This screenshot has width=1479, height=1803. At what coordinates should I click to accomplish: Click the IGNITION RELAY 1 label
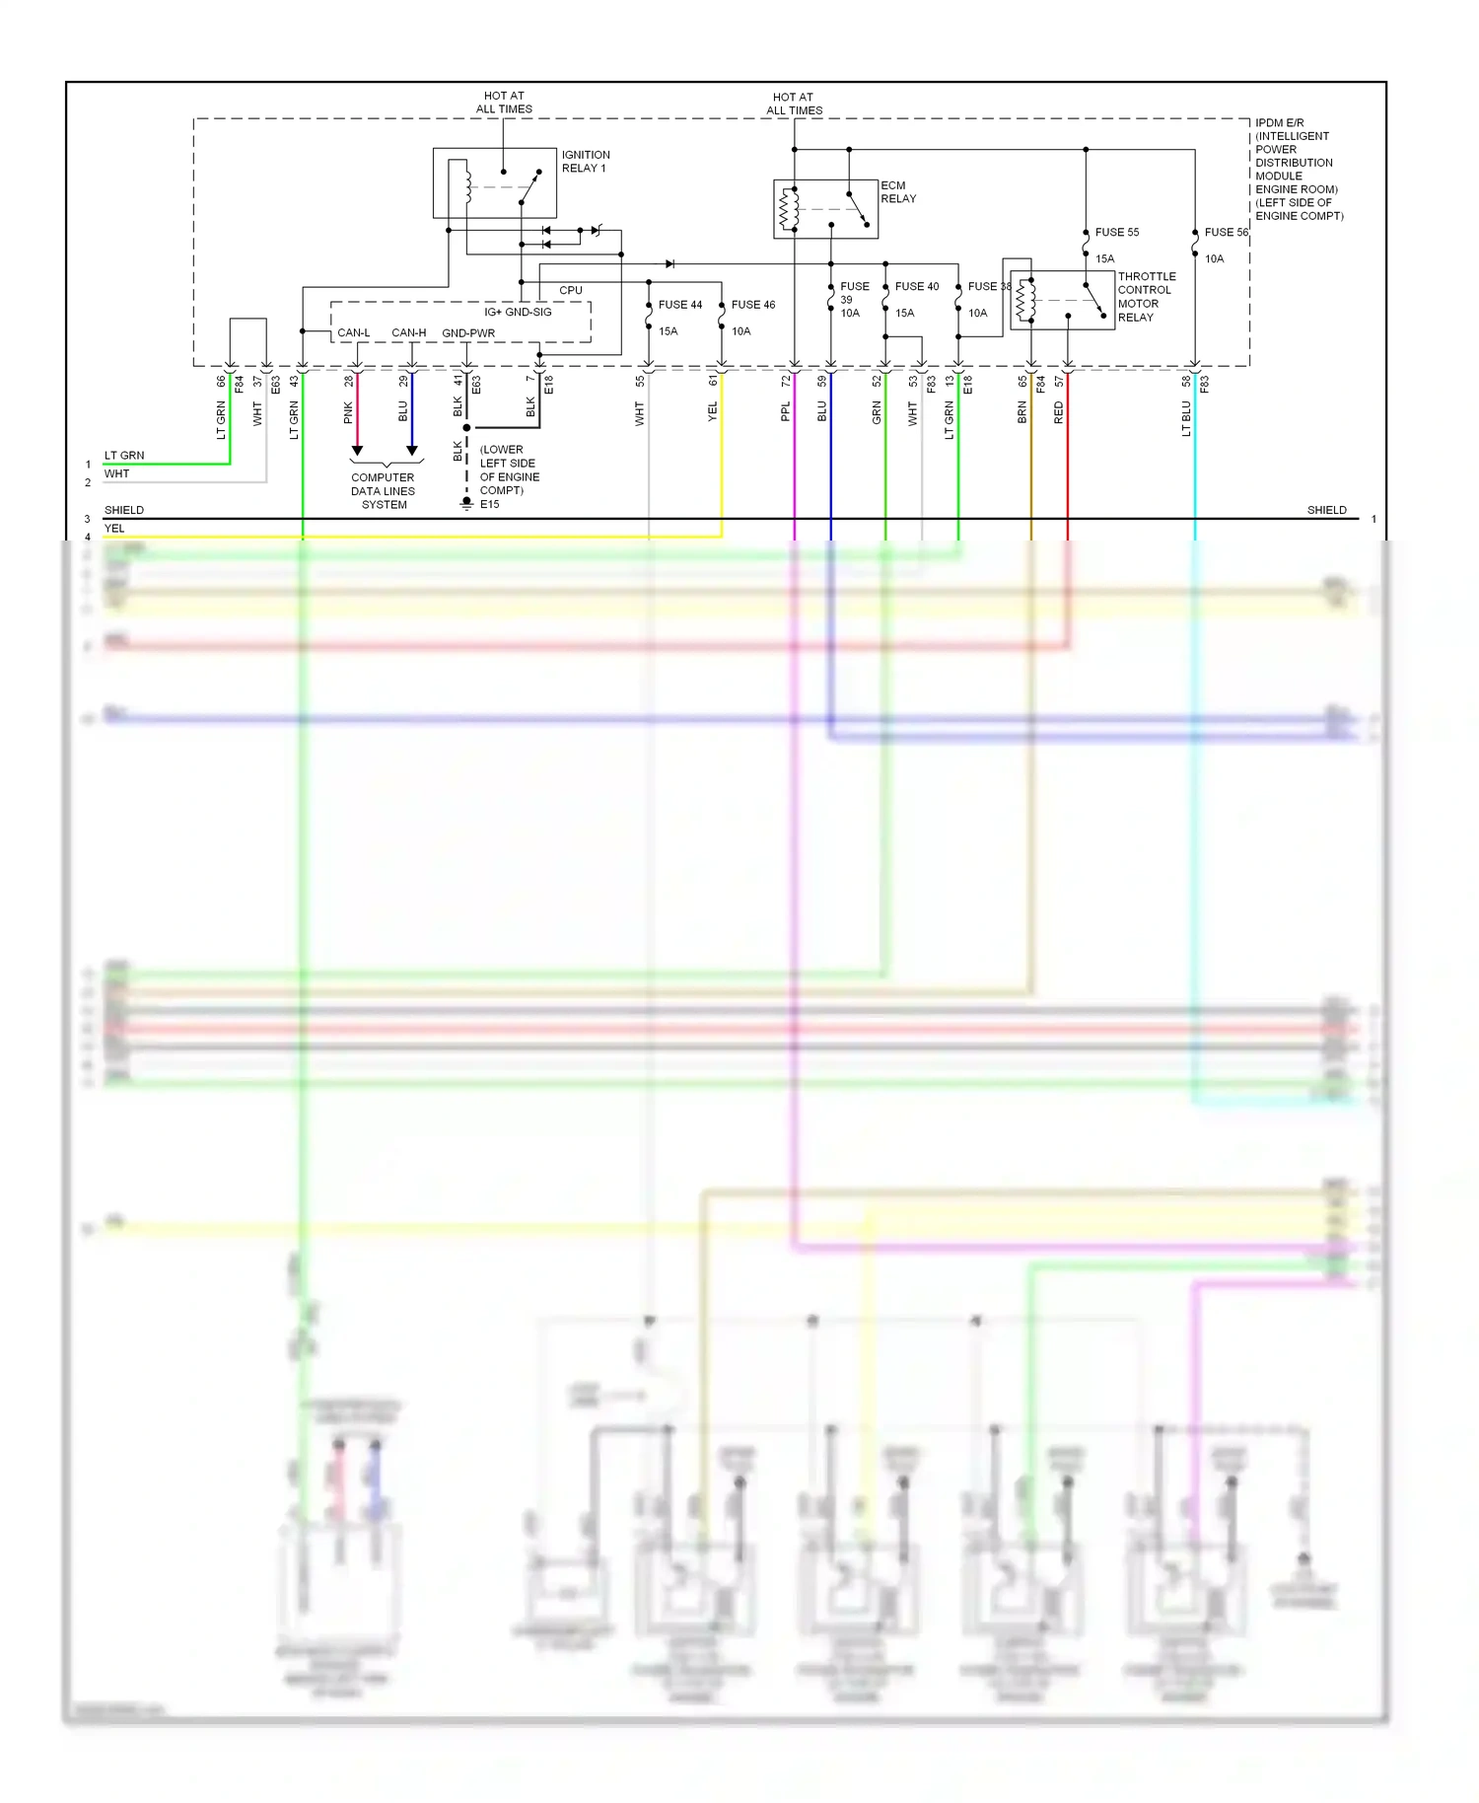point(586,162)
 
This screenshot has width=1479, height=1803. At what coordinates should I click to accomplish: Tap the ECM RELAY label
point(897,192)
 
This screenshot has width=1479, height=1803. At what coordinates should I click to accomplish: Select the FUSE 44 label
point(680,305)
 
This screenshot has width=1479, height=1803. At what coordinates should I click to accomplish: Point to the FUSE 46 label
point(753,305)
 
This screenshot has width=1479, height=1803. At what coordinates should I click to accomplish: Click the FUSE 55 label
point(1116,233)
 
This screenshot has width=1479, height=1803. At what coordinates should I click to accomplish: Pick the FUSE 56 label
point(1226,233)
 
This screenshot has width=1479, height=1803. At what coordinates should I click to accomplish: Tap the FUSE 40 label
point(917,287)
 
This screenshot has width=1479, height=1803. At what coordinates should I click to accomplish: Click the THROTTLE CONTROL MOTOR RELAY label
point(1146,297)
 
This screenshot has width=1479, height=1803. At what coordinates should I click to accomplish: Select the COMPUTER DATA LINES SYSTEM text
point(384,491)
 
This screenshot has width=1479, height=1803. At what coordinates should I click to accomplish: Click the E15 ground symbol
point(467,503)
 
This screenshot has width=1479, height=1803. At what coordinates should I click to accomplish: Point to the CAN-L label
point(353,333)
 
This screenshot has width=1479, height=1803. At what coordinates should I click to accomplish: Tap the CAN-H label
point(408,333)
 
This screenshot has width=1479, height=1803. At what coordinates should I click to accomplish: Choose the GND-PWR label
point(468,333)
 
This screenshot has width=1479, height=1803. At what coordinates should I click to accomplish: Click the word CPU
point(571,291)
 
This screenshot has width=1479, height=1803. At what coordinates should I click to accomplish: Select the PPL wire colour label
point(786,411)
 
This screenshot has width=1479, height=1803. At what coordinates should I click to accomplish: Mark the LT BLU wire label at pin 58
point(1186,418)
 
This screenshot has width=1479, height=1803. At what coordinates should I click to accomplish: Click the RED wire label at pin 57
point(1059,412)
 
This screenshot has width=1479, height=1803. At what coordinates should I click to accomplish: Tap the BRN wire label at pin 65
point(1022,412)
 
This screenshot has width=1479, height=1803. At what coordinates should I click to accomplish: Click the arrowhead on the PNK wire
point(357,451)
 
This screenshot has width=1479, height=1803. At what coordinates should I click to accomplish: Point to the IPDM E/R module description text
point(1299,170)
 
